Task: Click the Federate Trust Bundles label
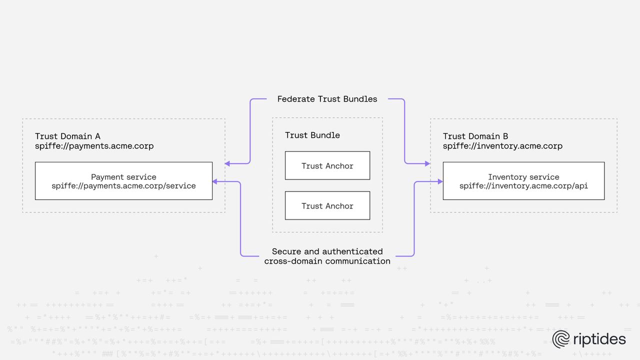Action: coord(327,99)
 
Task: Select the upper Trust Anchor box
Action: coord(327,165)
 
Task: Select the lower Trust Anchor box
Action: coord(327,205)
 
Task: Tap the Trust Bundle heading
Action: coord(312,135)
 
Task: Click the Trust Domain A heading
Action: coord(67,136)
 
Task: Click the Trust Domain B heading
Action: coord(475,136)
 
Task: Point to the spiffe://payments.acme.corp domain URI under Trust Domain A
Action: coord(94,146)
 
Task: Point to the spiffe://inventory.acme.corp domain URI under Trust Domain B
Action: coord(502,146)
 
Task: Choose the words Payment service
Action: coord(123,177)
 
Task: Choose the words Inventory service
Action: coord(523,177)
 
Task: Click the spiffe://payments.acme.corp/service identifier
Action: coord(123,186)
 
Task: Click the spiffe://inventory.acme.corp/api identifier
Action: coord(523,186)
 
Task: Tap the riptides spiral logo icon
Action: coord(561,339)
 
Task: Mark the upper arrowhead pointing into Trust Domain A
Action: coord(227,163)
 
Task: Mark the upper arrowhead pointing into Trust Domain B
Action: coord(427,163)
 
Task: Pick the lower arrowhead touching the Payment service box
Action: coord(215,182)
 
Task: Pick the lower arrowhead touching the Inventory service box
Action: coord(440,182)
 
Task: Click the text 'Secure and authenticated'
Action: coord(327,251)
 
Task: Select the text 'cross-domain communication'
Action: coord(327,261)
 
